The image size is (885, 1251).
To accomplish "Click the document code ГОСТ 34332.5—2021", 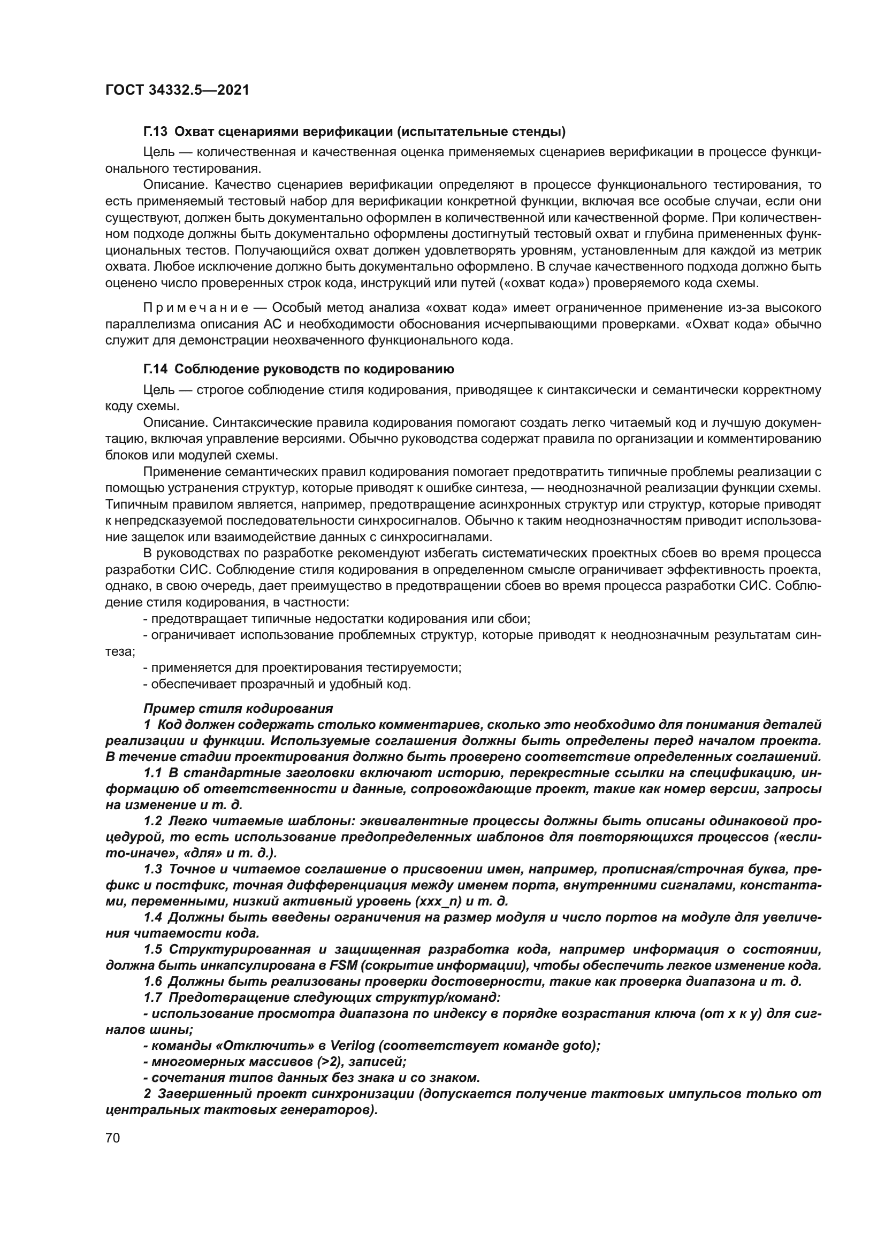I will click(177, 90).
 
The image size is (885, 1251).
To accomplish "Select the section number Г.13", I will click(155, 132).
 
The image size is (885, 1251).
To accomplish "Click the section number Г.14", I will click(155, 370).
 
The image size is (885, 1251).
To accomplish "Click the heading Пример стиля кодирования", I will click(238, 709).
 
